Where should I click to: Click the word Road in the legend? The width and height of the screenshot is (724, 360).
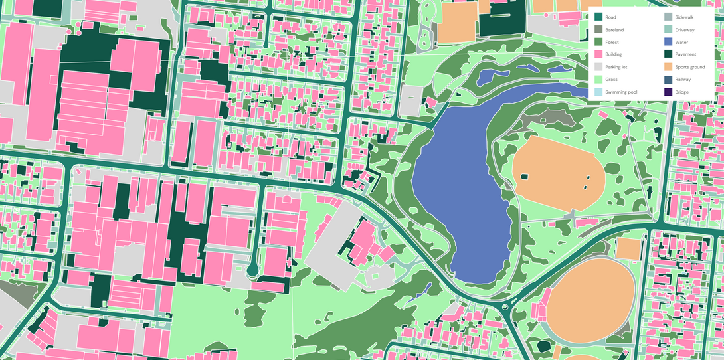pos(611,17)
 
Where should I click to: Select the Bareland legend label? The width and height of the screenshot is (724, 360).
pos(614,30)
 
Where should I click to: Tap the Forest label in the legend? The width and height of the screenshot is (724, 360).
pos(612,42)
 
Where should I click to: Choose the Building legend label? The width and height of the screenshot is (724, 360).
pos(614,54)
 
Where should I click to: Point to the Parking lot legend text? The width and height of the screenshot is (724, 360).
pos(616,67)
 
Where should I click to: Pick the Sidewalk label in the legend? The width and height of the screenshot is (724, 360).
pos(685,17)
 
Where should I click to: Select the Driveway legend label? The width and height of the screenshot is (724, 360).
pos(685,30)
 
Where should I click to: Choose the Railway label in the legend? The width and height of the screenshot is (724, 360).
pos(683,80)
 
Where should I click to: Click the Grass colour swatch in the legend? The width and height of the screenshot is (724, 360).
pos(598,80)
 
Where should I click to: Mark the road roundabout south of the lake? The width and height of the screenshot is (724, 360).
pos(506,307)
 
